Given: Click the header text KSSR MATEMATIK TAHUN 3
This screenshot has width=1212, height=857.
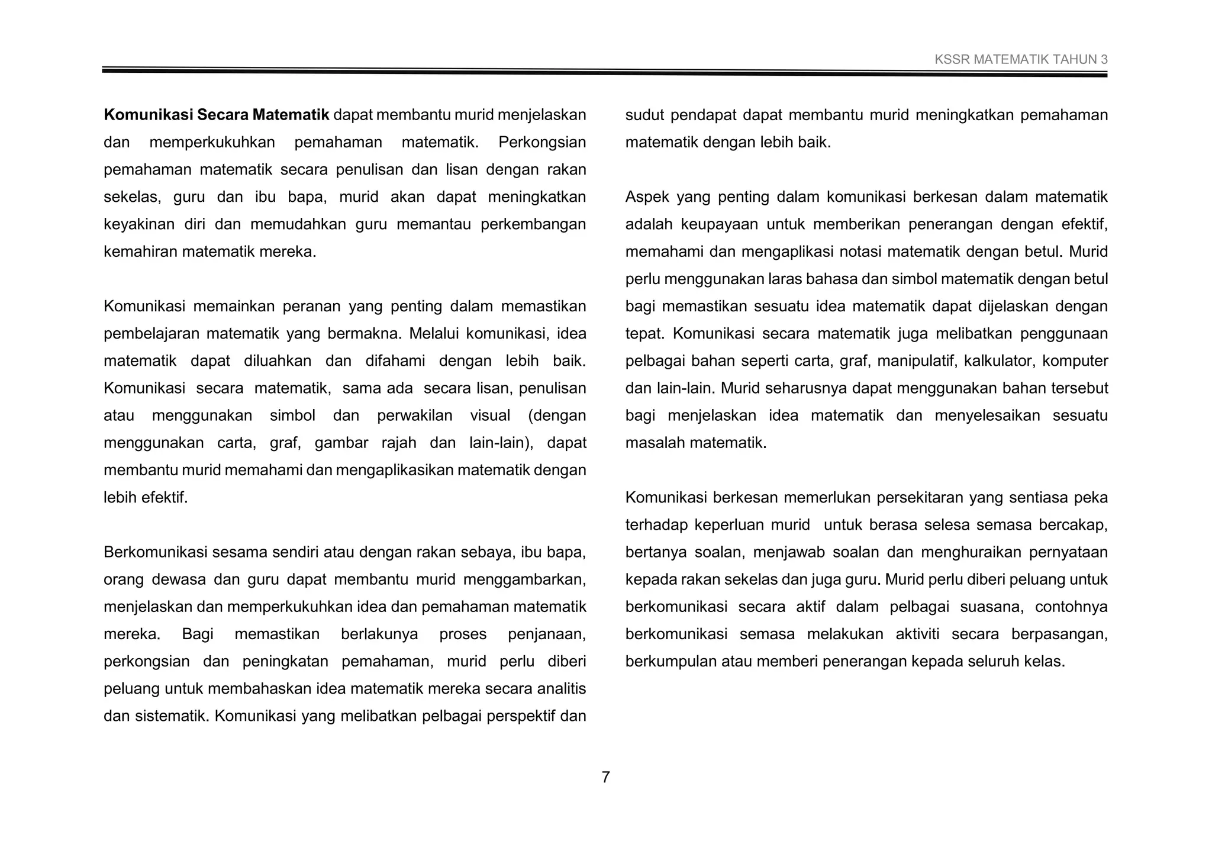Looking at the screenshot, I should pyautogui.click(x=1021, y=60).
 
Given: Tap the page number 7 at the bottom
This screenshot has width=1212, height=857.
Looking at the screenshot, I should pyautogui.click(x=605, y=777).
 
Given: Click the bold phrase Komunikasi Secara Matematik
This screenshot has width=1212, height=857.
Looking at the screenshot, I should pyautogui.click(x=216, y=115).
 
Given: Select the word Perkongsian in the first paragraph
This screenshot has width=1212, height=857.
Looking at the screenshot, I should pyautogui.click(x=542, y=143).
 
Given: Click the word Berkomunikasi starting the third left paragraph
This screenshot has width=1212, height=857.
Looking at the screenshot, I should pyautogui.click(x=156, y=553).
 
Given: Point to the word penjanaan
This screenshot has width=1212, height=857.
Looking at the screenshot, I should pyautogui.click(x=546, y=634).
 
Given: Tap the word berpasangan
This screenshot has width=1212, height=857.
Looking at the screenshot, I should pyautogui.click(x=1059, y=634).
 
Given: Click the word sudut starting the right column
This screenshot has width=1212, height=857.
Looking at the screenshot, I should pyautogui.click(x=644, y=115).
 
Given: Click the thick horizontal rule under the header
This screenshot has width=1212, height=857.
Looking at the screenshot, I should pyautogui.click(x=604, y=72).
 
